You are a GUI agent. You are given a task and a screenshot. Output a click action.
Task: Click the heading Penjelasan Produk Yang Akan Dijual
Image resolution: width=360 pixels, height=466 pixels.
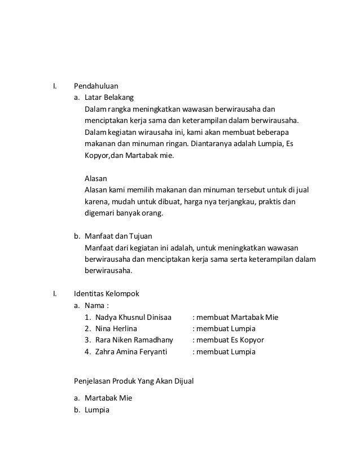click(x=134, y=381)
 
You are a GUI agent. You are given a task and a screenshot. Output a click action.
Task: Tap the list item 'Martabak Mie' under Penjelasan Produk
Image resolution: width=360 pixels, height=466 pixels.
click(x=108, y=398)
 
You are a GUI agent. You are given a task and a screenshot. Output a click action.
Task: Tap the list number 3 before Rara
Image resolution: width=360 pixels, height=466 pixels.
click(x=87, y=340)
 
